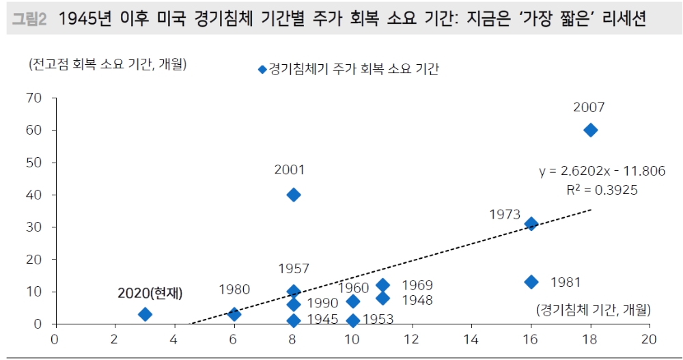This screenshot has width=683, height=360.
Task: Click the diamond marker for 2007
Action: click(591, 130)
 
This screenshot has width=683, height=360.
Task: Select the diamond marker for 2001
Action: click(294, 195)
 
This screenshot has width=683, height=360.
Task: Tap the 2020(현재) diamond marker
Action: click(145, 314)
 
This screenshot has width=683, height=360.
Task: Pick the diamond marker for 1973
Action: click(531, 223)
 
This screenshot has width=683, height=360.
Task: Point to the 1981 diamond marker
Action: click(531, 281)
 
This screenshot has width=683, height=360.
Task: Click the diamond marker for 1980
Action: click(234, 314)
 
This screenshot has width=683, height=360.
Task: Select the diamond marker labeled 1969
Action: click(382, 285)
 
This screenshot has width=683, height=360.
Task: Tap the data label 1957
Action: click(294, 269)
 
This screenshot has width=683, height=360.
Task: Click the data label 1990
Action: click(322, 303)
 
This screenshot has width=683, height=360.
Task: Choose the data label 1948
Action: click(417, 300)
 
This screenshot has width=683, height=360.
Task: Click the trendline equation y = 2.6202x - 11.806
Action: click(602, 171)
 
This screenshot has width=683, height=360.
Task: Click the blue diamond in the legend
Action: click(261, 69)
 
